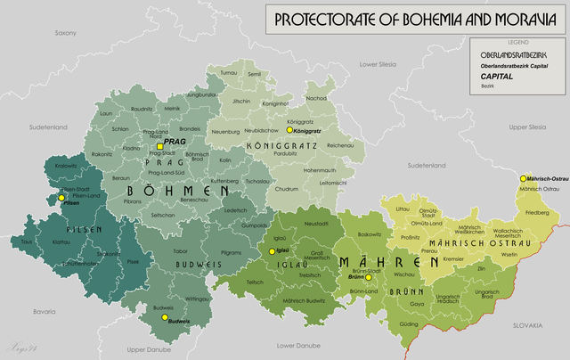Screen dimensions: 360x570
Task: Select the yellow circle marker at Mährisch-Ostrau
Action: (524, 178)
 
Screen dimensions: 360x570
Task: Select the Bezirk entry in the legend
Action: (487, 86)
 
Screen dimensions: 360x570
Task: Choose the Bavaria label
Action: (45, 312)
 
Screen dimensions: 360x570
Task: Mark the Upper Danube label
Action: (148, 349)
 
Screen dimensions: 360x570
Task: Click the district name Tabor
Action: (168, 252)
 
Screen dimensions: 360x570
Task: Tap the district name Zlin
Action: (482, 268)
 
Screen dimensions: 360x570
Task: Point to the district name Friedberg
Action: (537, 214)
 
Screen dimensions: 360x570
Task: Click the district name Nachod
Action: (316, 98)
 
